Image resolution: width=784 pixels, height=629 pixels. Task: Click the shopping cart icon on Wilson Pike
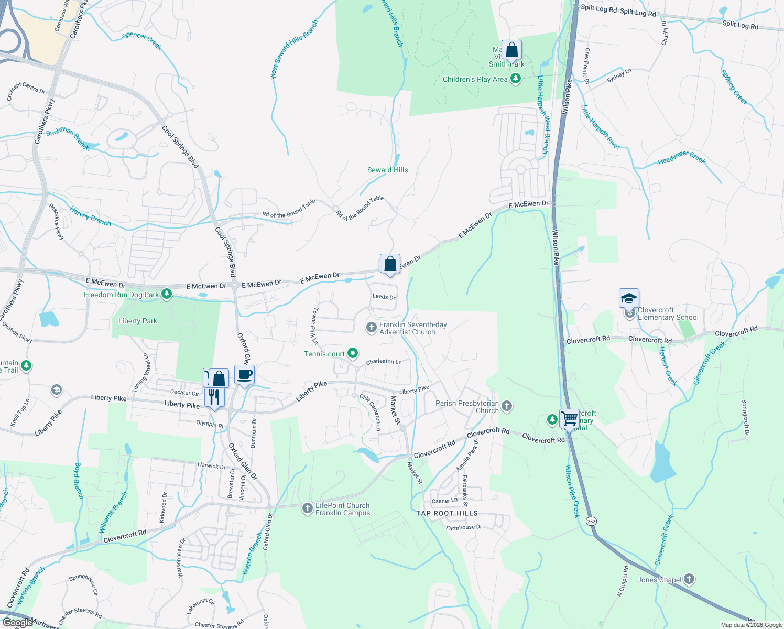click(x=569, y=419)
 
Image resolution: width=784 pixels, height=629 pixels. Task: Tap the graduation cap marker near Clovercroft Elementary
click(x=629, y=299)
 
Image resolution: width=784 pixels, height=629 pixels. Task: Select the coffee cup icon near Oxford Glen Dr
click(x=245, y=375)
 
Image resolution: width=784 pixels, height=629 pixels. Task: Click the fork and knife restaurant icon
click(x=214, y=397)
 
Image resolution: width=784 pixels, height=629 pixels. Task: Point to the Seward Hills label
click(x=387, y=170)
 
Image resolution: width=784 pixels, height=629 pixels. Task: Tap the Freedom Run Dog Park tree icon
click(x=167, y=294)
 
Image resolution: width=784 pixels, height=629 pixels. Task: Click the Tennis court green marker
click(x=353, y=353)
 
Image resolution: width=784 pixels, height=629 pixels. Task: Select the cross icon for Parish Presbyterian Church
click(x=507, y=406)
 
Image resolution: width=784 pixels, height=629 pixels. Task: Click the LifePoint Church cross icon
click(x=308, y=508)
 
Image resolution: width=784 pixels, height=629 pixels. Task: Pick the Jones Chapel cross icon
click(x=689, y=579)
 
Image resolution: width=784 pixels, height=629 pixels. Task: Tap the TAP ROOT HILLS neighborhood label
click(x=447, y=513)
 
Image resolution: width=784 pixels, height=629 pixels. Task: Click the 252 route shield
click(x=592, y=522)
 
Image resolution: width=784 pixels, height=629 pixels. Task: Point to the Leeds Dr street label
click(x=384, y=297)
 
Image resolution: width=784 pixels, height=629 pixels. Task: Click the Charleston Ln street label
click(x=384, y=361)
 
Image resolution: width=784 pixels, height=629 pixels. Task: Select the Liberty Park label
click(x=137, y=321)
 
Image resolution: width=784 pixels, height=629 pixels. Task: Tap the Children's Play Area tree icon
click(x=516, y=79)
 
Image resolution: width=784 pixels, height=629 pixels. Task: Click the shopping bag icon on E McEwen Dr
click(x=390, y=264)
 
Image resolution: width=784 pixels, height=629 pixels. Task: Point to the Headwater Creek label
click(x=682, y=157)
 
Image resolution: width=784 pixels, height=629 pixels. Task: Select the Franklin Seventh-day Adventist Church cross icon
click(x=371, y=328)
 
